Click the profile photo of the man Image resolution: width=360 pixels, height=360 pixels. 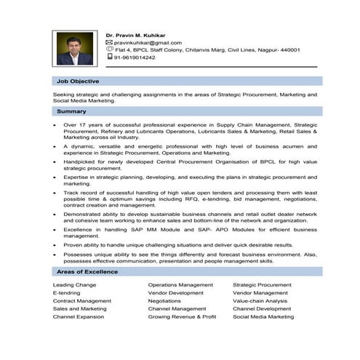click(x=74, y=49)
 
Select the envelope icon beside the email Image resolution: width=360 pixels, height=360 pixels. click(x=109, y=42)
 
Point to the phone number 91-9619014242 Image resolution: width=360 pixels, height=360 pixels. click(x=135, y=57)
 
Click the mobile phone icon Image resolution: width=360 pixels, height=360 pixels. click(x=109, y=56)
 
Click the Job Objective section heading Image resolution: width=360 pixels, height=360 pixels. click(x=78, y=81)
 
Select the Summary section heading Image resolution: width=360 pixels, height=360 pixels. click(x=71, y=111)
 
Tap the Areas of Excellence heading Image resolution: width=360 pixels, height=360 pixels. click(x=87, y=272)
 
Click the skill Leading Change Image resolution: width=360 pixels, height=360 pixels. click(x=73, y=285)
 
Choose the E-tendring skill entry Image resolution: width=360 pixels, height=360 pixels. click(x=68, y=293)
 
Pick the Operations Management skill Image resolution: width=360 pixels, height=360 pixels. click(x=180, y=285)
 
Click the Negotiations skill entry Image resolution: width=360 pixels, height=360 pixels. click(x=164, y=301)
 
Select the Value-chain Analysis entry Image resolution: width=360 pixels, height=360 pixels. click(x=260, y=301)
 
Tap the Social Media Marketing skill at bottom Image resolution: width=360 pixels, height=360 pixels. click(x=263, y=317)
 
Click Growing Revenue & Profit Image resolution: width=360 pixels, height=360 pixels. click(x=182, y=317)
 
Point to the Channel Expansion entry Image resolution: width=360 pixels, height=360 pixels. click(x=78, y=317)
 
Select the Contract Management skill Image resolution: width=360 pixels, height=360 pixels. click(x=81, y=301)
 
